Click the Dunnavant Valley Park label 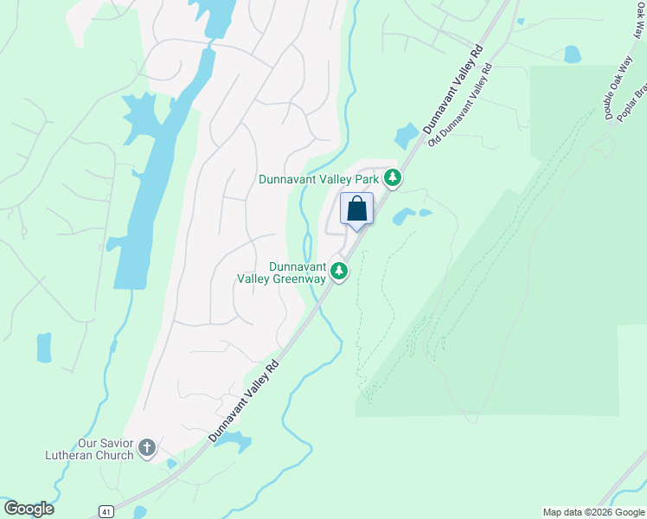pyautogui.click(x=319, y=179)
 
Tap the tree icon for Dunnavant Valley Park pyautogui.click(x=393, y=178)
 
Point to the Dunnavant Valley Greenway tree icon pyautogui.click(x=340, y=272)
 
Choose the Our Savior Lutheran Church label pyautogui.click(x=90, y=450)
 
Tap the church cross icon pyautogui.click(x=147, y=449)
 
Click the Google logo pyautogui.click(x=29, y=509)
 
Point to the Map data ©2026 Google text pyautogui.click(x=593, y=512)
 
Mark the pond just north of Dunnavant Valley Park pyautogui.click(x=406, y=136)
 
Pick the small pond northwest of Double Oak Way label pyautogui.click(x=573, y=54)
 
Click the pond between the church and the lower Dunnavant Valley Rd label pyautogui.click(x=232, y=442)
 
